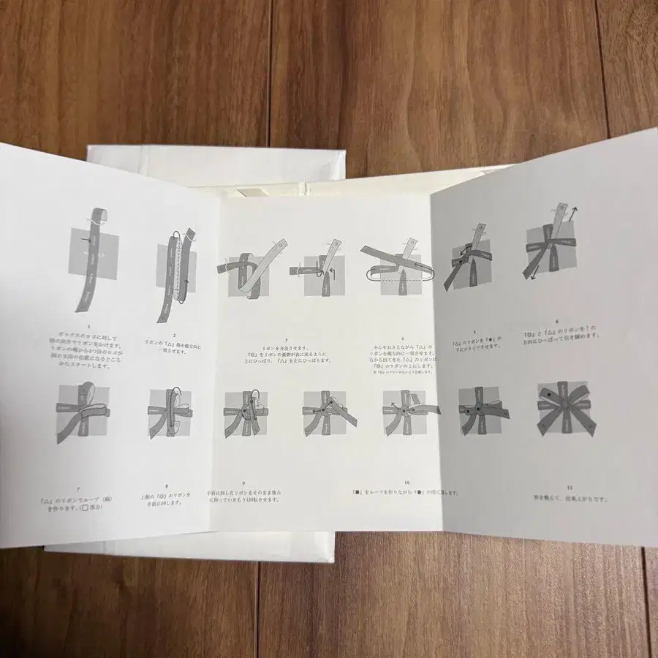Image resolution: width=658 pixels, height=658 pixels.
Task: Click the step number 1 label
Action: point(88,328)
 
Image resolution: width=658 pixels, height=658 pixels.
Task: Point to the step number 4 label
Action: point(402,338)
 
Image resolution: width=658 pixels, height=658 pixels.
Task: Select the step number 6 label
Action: point(556,320)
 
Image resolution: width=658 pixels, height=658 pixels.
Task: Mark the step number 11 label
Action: point(560,486)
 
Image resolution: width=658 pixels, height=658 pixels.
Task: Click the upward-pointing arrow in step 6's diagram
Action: point(575,211)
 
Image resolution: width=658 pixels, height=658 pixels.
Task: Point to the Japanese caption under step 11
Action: point(561,502)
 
